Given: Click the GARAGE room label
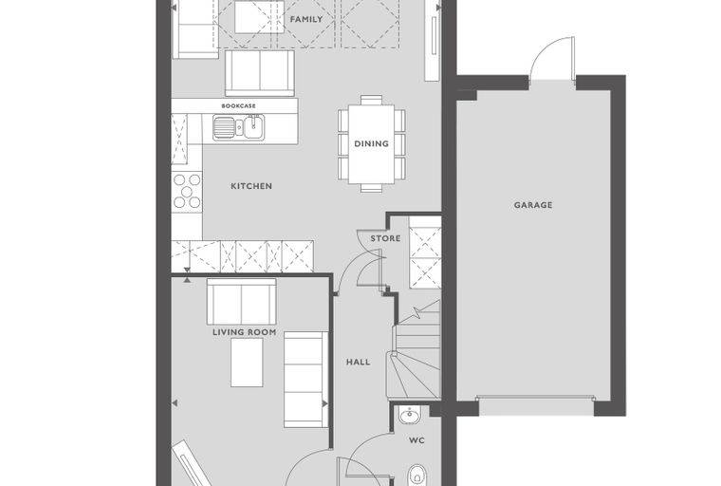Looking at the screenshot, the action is point(533,205).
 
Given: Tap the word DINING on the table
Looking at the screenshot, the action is point(371,143).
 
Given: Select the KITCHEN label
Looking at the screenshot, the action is point(251,186).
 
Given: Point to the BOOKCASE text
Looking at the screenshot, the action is point(239,106).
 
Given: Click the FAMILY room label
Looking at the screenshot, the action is point(306,19).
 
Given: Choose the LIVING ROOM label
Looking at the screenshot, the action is point(244,332).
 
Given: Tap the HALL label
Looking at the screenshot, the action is point(358,363).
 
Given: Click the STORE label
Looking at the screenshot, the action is point(385,238).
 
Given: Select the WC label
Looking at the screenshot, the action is point(416,440).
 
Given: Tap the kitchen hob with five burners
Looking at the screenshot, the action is point(187,192).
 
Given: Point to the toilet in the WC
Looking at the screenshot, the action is point(417,475).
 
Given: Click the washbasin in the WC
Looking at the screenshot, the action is point(409,416).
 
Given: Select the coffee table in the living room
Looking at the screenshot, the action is point(247,363).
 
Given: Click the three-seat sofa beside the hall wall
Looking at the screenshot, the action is point(305,380).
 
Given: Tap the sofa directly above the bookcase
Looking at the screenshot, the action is point(260,73).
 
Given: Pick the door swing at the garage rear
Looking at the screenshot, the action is point(552,59).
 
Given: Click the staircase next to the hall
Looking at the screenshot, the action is point(416,349).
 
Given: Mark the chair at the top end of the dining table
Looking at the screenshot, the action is point(371,100).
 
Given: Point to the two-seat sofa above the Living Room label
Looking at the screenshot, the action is point(241,302).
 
